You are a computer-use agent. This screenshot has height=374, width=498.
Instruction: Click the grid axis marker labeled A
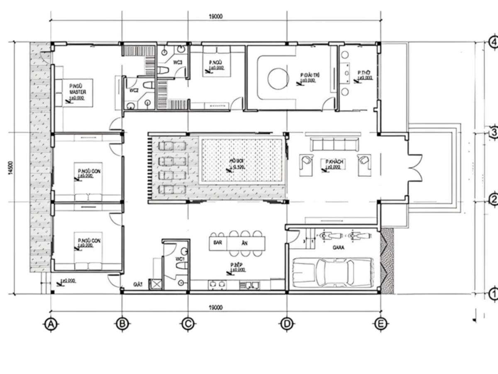point(51,324)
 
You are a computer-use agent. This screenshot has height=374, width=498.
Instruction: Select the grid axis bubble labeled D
point(287,324)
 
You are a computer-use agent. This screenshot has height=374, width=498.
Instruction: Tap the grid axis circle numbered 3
point(493,133)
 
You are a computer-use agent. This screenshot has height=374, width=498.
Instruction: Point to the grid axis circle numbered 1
point(493,294)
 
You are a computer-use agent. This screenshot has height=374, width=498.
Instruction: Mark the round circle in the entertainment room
point(278,79)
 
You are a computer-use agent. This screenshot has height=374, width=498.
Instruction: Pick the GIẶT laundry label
point(138,284)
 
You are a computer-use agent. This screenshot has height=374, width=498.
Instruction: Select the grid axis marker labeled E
point(381,324)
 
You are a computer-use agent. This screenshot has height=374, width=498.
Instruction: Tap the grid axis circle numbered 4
point(493,42)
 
